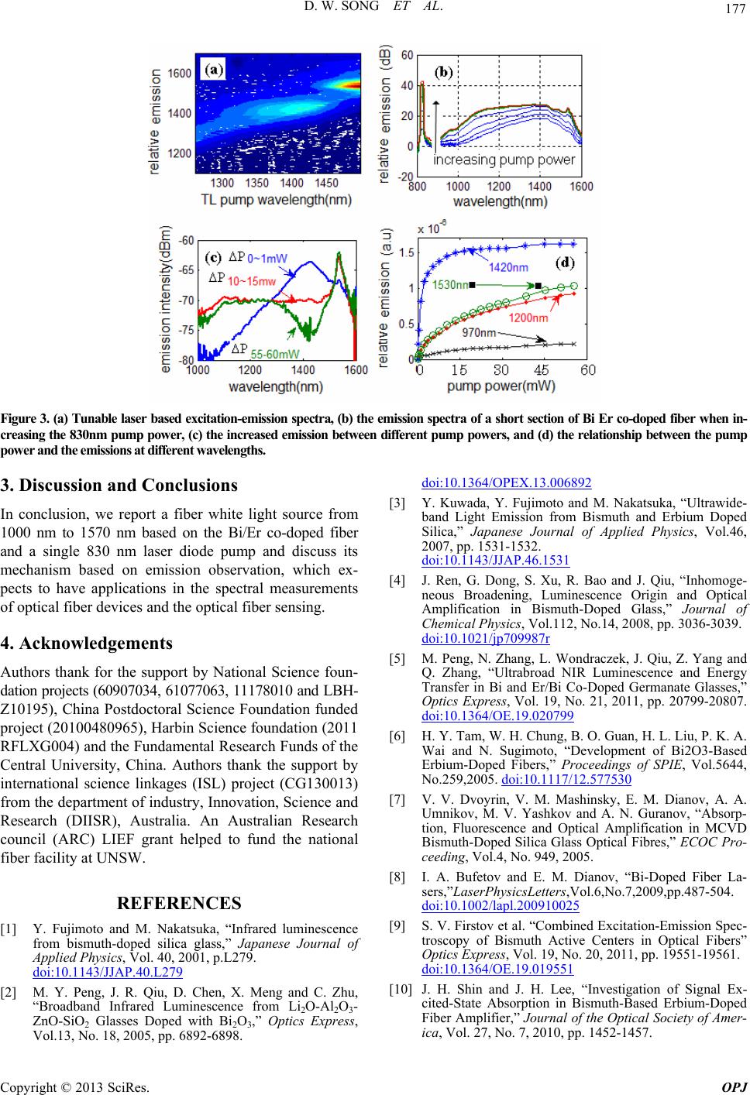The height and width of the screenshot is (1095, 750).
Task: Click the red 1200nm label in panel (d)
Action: pos(528,318)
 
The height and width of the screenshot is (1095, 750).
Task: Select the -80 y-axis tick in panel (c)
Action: pos(185,361)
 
